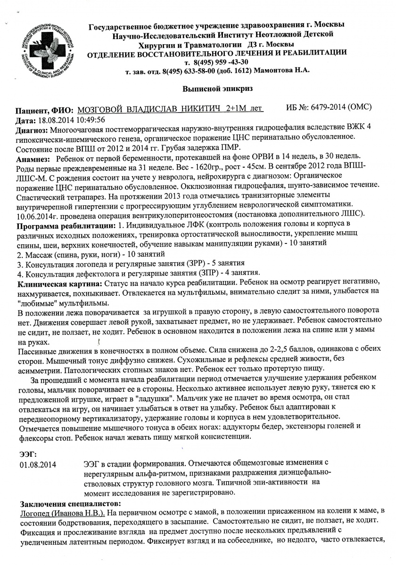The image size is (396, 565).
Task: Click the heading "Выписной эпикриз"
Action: [217, 88]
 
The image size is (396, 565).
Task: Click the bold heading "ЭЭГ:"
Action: [28, 454]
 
